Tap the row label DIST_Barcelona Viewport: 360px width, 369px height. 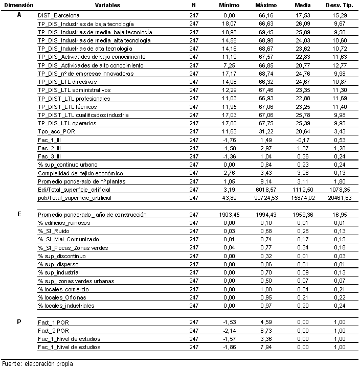[x=58, y=16]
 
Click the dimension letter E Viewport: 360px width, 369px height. [x=19, y=215]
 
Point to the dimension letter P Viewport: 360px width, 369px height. [x=19, y=322]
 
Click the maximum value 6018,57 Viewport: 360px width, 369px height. [x=264, y=189]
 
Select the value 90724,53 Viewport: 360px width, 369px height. [x=264, y=197]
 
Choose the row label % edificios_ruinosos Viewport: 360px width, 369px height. [x=61, y=223]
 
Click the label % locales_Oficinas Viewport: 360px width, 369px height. [x=61, y=297]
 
